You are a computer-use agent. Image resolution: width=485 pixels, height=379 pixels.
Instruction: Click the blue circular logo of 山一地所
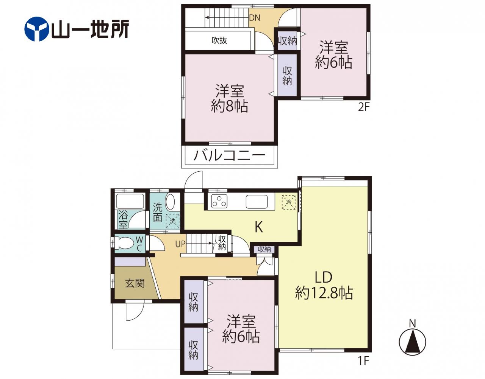tap(36, 29)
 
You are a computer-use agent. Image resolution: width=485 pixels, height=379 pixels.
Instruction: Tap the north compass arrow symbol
tap(413, 342)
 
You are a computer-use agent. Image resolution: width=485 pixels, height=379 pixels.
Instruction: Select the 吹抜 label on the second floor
tap(219, 40)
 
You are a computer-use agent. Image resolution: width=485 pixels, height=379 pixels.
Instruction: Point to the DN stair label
tap(255, 18)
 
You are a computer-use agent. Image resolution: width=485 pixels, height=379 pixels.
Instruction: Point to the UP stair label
tap(180, 244)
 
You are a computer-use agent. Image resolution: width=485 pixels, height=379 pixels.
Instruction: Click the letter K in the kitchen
tap(259, 227)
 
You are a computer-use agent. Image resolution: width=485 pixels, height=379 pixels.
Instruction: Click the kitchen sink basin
tap(257, 202)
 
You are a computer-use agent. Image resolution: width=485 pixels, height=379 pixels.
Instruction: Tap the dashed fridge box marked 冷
tap(289, 202)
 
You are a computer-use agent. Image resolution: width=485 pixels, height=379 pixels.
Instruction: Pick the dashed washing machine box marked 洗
tap(173, 221)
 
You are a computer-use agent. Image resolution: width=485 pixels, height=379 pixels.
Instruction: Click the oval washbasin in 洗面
tap(170, 202)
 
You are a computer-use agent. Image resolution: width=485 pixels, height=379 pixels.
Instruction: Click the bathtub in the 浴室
tap(130, 201)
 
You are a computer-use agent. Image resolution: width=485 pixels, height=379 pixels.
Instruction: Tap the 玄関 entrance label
tap(135, 283)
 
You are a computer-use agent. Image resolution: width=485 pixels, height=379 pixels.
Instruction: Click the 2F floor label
tap(364, 108)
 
